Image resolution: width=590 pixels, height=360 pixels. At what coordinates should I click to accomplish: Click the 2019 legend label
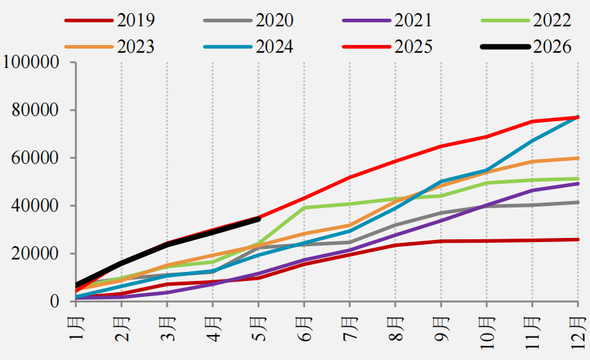point(135,20)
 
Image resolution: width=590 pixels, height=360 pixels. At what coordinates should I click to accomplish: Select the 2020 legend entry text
point(275,20)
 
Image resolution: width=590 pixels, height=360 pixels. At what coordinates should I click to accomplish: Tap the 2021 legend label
point(413,20)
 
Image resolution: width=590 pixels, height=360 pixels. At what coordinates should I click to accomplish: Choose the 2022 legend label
point(552,20)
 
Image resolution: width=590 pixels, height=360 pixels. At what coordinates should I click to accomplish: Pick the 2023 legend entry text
point(135,46)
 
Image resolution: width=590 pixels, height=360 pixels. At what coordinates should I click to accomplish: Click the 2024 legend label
point(275,46)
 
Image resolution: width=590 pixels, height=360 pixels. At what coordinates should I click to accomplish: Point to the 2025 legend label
point(413,46)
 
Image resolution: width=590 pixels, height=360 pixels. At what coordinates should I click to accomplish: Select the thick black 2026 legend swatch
point(505,47)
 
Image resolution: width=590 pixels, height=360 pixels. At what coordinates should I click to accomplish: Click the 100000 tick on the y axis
point(31,62)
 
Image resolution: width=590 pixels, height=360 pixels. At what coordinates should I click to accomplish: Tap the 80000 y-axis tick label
point(35,110)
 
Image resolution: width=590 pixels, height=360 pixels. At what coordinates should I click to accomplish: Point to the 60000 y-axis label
point(35,157)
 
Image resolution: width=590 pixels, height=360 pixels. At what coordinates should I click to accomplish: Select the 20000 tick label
point(35,253)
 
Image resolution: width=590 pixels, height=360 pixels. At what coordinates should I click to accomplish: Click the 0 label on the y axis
point(55,301)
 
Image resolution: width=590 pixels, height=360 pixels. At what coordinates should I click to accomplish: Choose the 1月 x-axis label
point(76,329)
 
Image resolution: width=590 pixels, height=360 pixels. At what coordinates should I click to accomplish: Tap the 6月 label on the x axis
point(304,329)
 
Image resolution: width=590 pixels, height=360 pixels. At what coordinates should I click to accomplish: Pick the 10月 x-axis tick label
point(487,333)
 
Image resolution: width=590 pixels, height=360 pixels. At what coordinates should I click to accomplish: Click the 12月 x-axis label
point(578,333)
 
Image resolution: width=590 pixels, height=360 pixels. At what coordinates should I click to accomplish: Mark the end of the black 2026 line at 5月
point(259,218)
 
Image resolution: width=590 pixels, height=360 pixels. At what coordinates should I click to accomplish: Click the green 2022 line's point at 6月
point(304,207)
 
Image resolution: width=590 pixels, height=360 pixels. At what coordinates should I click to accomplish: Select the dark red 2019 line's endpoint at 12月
point(578,239)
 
